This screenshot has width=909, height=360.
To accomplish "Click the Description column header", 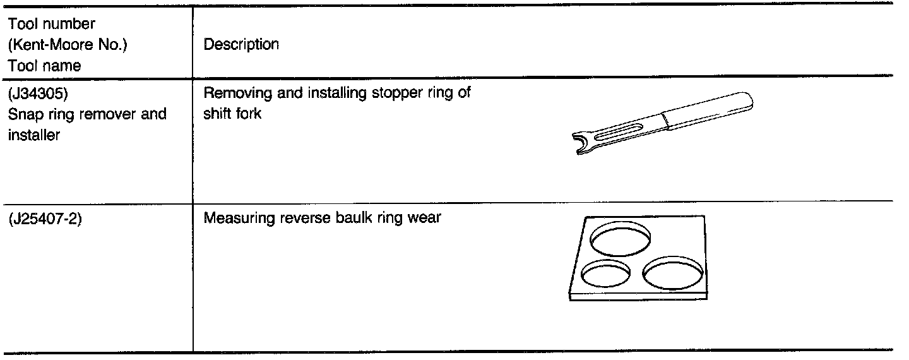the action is click(241, 45).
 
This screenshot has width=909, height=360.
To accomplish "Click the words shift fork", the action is click(232, 114).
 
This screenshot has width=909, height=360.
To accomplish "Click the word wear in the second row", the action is click(425, 220).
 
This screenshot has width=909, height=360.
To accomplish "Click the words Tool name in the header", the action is click(44, 66).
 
